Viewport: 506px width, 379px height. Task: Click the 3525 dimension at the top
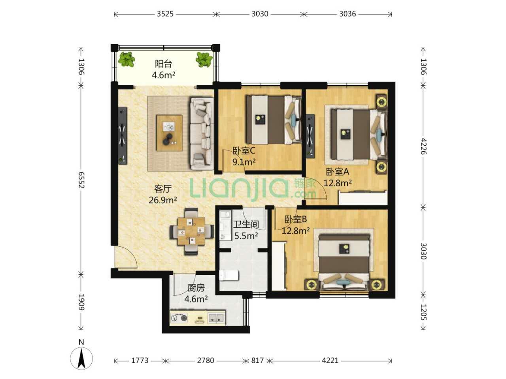[x=165, y=14]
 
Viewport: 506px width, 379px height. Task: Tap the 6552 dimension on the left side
[x=81, y=180]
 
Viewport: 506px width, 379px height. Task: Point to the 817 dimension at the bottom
[x=257, y=360]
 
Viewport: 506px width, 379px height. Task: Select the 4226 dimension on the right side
[x=423, y=146]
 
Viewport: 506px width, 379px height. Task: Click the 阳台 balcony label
[x=163, y=64]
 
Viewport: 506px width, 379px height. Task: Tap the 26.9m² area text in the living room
[x=163, y=200]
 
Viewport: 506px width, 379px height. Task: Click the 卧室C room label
[x=244, y=151]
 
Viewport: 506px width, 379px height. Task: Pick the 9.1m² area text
[x=244, y=162]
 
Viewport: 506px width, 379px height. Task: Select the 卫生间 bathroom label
[x=246, y=224]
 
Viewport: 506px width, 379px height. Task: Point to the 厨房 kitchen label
[x=196, y=288]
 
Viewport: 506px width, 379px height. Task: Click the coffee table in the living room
[x=170, y=133]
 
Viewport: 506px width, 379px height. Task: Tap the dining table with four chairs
[x=191, y=231]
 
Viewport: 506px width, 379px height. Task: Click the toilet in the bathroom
[x=228, y=276]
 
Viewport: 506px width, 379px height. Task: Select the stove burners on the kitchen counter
[x=179, y=318]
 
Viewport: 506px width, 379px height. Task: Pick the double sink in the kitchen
[x=216, y=318]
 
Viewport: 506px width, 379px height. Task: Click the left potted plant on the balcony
[x=126, y=59]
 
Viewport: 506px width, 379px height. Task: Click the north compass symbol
[x=81, y=358]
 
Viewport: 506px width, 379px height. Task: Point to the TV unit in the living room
[x=123, y=135]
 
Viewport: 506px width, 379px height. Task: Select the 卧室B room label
[x=296, y=219]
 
